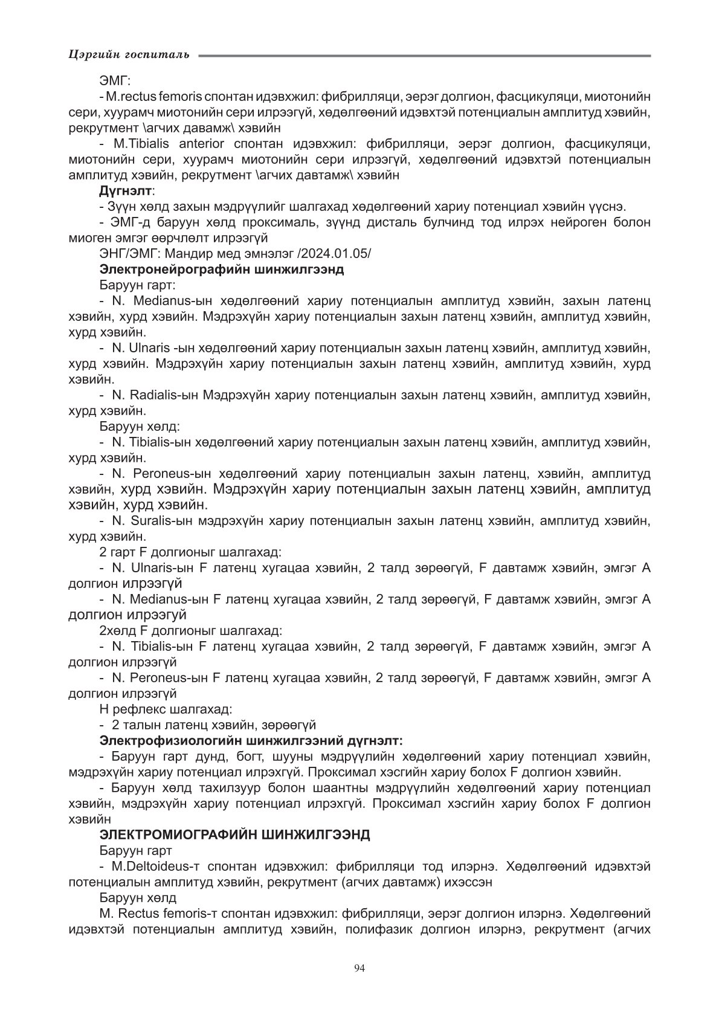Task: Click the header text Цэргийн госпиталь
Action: pos(129,55)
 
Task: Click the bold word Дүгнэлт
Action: pos(126,191)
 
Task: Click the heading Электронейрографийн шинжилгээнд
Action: pos(221,270)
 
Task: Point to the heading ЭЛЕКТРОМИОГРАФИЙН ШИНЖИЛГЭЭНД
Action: pos(234,835)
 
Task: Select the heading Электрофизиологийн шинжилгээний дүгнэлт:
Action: pos(251,740)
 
